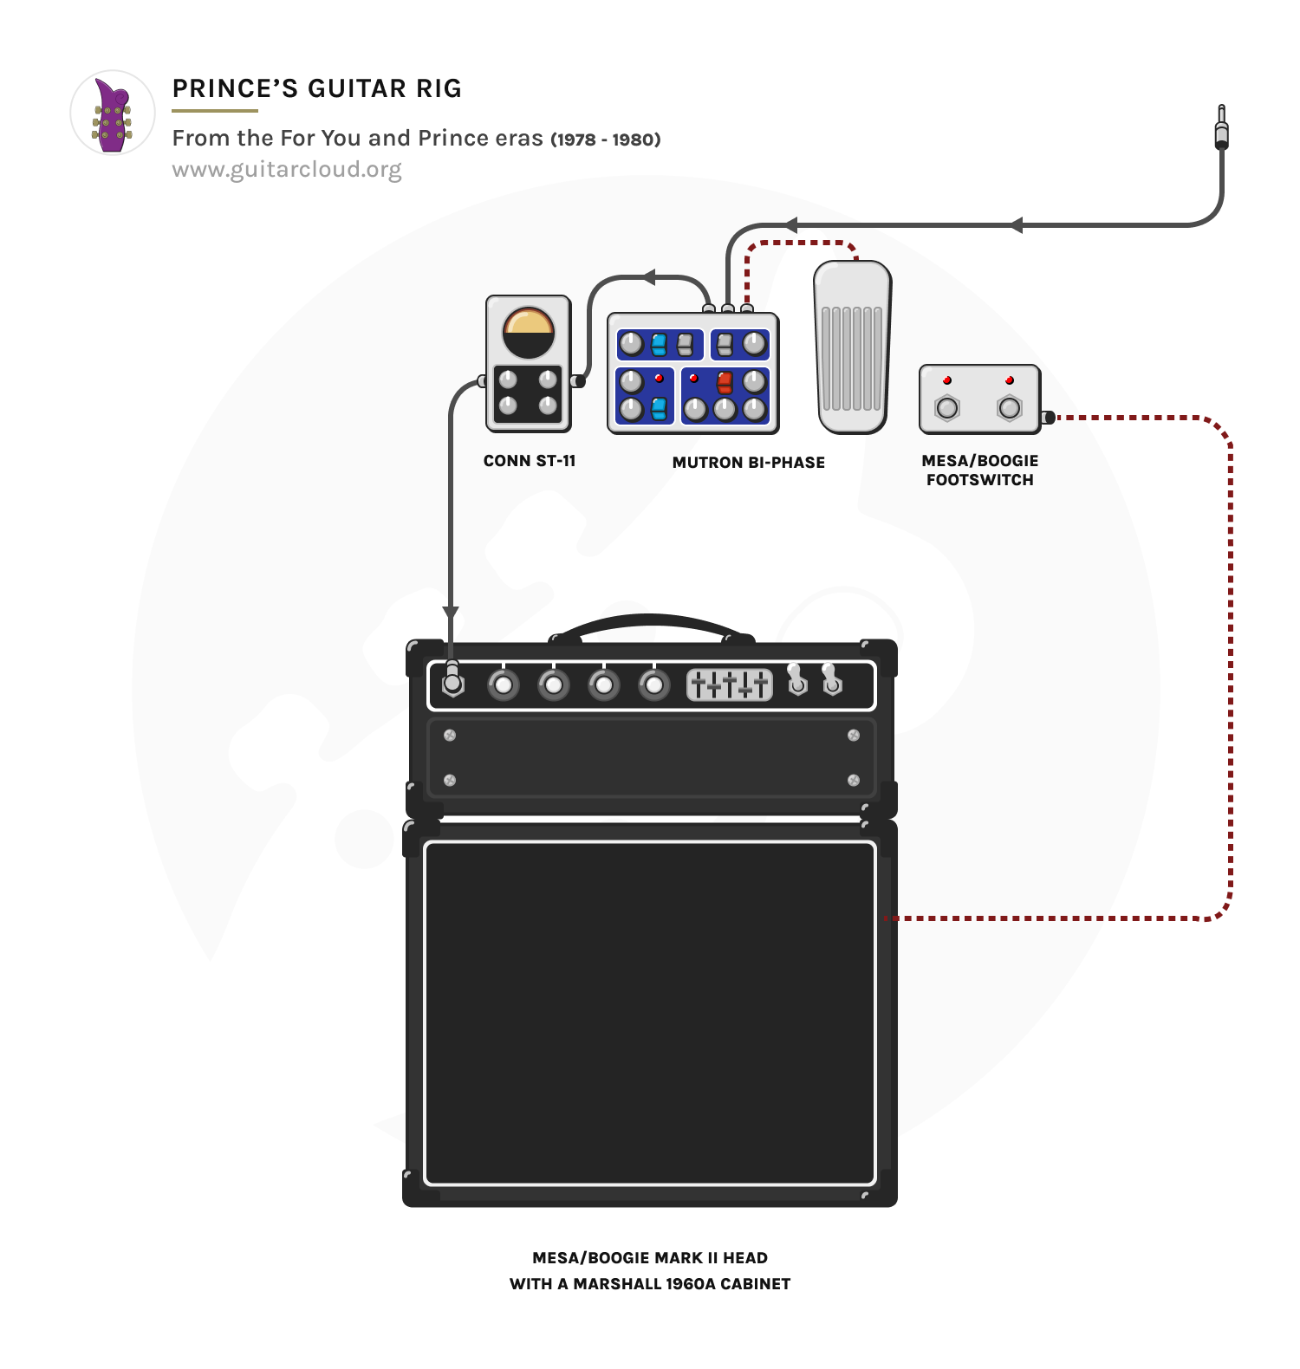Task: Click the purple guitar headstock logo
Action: click(x=113, y=114)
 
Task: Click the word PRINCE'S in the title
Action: click(x=235, y=88)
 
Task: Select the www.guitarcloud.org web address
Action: click(x=287, y=169)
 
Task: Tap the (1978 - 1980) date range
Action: click(x=606, y=139)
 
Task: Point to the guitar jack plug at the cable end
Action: click(x=1221, y=129)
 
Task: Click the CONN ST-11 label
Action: click(x=530, y=461)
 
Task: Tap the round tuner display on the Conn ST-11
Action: click(x=529, y=333)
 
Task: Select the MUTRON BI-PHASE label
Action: click(x=749, y=463)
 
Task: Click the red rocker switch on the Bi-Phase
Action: click(x=725, y=382)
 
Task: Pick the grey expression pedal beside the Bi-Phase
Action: click(x=852, y=347)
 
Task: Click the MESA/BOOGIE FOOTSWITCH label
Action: click(x=980, y=470)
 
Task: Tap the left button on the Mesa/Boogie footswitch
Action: click(x=947, y=407)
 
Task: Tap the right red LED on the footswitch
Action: click(x=1010, y=380)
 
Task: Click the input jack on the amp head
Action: click(x=452, y=684)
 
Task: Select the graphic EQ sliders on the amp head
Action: click(x=730, y=684)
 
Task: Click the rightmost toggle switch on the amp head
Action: click(x=831, y=681)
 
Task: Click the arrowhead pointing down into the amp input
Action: click(x=451, y=613)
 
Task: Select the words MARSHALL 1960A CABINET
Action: click(x=682, y=1284)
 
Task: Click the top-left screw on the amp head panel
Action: click(x=450, y=736)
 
